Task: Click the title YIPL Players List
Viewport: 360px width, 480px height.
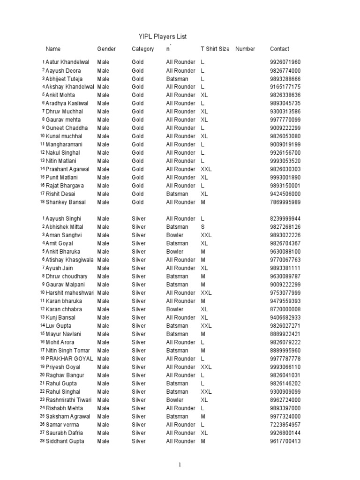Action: tap(156, 37)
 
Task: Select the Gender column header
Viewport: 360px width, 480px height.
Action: tap(106, 49)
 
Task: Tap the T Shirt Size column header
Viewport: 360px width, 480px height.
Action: tap(215, 49)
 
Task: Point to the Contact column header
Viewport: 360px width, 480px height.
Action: tap(279, 49)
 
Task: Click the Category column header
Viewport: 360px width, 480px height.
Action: tap(142, 49)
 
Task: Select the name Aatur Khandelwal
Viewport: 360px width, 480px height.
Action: tap(69, 62)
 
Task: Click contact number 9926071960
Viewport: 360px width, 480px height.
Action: tap(285, 62)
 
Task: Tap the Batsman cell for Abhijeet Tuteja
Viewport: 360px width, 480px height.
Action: tap(177, 79)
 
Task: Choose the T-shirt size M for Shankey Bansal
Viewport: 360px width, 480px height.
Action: tap(203, 202)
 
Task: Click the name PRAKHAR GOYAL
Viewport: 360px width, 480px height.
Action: tap(69, 359)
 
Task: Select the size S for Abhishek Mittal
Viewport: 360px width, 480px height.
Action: tap(202, 227)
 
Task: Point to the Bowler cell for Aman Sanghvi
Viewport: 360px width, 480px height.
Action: tap(175, 235)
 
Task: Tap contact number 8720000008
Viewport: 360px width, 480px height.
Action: tap(285, 309)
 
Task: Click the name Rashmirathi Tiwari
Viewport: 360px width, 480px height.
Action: tap(68, 400)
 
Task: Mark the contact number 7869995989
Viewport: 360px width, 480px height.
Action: tap(285, 202)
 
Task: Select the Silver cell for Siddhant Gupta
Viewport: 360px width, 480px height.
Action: tap(139, 441)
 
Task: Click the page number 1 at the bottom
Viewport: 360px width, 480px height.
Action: tap(179, 465)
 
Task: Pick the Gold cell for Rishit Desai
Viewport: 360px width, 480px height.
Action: tap(138, 194)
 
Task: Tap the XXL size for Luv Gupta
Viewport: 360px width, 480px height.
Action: tap(206, 326)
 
